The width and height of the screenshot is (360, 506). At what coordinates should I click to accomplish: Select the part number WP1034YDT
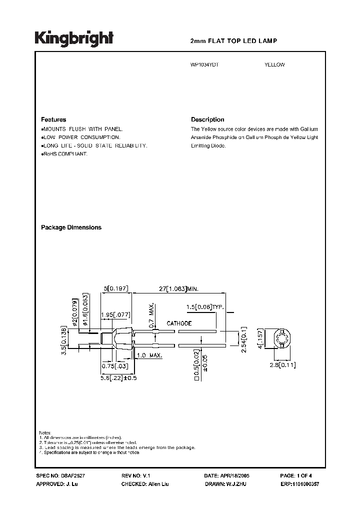coord(205,65)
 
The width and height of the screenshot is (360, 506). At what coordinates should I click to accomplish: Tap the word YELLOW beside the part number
coord(274,65)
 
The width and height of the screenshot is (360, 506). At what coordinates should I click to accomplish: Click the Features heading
coord(53,120)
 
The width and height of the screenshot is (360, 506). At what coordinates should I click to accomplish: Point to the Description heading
coord(207,120)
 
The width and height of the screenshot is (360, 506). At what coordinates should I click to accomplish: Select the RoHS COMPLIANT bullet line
coord(65,154)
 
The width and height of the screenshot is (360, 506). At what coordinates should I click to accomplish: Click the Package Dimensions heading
coord(71,227)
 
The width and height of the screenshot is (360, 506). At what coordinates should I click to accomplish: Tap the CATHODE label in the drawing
coord(179,323)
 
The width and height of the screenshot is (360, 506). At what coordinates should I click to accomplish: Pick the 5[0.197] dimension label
coord(116,288)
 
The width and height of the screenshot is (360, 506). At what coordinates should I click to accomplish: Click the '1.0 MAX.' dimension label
coord(148,355)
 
